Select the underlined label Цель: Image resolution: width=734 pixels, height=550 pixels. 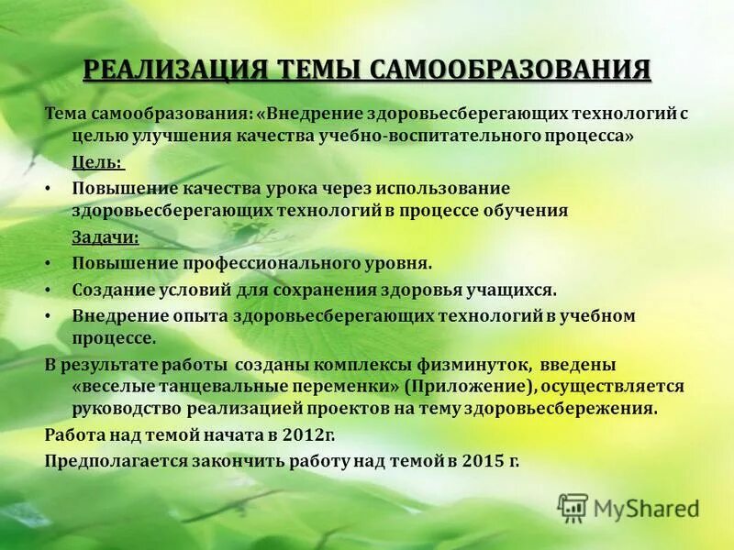click(98, 162)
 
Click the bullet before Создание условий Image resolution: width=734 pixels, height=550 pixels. click(49, 290)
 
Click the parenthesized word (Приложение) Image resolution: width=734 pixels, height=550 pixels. click(471, 386)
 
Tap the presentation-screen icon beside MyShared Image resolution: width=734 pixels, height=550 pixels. click(573, 508)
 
